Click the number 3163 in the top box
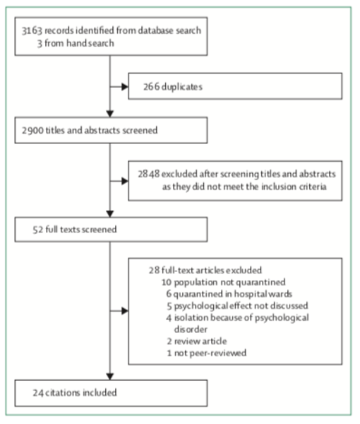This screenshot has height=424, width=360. (32, 30)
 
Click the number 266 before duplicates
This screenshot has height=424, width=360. (151, 87)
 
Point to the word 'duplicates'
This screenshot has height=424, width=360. (182, 87)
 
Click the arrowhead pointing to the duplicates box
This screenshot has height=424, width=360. (124, 87)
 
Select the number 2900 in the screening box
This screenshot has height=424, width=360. (32, 130)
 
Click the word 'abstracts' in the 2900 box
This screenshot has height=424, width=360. (102, 130)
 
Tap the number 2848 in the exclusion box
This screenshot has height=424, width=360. (149, 174)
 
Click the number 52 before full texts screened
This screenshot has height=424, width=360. (38, 230)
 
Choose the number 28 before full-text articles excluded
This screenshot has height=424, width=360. (154, 270)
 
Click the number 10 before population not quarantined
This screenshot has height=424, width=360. (167, 282)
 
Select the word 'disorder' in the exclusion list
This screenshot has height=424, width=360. (191, 329)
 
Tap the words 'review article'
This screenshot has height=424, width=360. (200, 341)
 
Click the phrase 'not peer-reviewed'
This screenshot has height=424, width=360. (210, 353)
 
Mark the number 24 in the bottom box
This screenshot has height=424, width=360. (38, 393)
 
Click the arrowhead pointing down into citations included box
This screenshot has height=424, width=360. (110, 377)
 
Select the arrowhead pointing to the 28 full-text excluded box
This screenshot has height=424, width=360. (124, 311)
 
